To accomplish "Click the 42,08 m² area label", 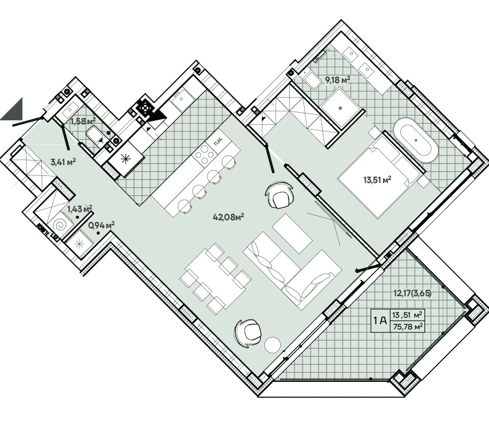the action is (228, 217).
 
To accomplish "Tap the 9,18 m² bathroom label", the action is (338, 80).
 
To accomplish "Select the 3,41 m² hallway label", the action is (63, 162).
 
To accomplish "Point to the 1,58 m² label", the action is (83, 121).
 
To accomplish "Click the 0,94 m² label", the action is (101, 225).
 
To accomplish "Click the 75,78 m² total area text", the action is (407, 326).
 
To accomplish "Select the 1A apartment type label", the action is (380, 320).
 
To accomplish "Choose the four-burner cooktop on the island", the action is (205, 154).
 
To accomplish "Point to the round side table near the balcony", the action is (272, 345).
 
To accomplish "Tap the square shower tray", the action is (340, 108).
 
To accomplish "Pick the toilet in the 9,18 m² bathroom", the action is (312, 79).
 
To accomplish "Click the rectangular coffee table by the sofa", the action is (292, 233).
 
